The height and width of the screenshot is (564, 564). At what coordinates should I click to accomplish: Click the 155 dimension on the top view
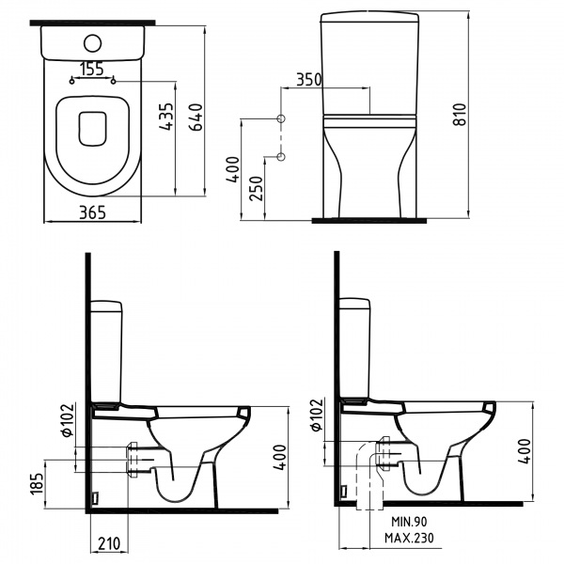point(91,69)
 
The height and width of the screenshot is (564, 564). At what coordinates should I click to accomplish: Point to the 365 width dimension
point(91,213)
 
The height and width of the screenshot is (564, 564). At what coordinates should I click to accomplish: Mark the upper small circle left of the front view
point(280,119)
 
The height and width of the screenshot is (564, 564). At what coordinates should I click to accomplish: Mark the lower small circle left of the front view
point(280,156)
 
